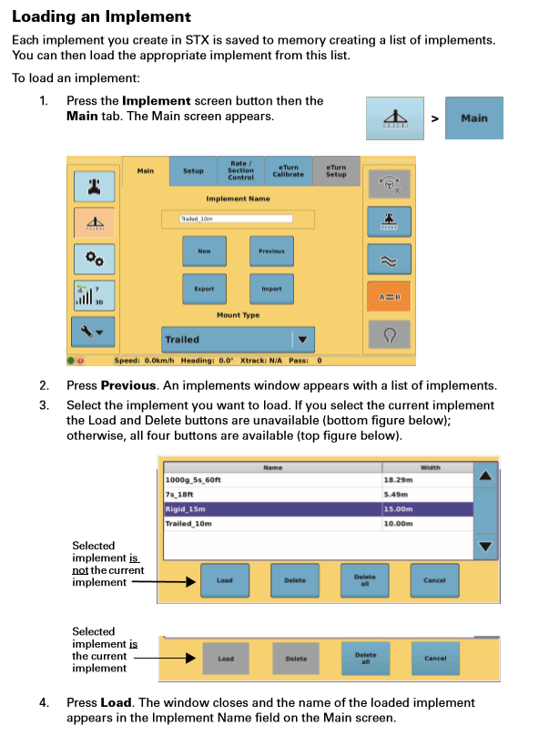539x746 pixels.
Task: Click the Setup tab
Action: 193,171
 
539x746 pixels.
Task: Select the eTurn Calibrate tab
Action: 289,171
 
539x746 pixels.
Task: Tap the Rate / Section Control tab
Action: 240,171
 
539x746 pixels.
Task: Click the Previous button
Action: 271,251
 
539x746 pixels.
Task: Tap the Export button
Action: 204,289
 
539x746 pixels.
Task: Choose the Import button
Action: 271,289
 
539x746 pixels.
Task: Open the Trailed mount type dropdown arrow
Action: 302,340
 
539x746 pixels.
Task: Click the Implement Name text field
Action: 237,219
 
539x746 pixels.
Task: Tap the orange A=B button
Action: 389,297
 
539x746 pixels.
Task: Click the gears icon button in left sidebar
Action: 94,260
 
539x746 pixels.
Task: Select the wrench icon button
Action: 93,332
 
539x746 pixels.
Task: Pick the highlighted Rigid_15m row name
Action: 186,509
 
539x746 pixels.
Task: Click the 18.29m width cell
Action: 398,480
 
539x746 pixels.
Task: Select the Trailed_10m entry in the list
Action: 188,524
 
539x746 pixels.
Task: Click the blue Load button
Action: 225,580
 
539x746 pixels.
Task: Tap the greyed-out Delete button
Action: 296,659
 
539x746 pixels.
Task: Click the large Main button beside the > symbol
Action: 474,118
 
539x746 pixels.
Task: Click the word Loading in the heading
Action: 44,16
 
